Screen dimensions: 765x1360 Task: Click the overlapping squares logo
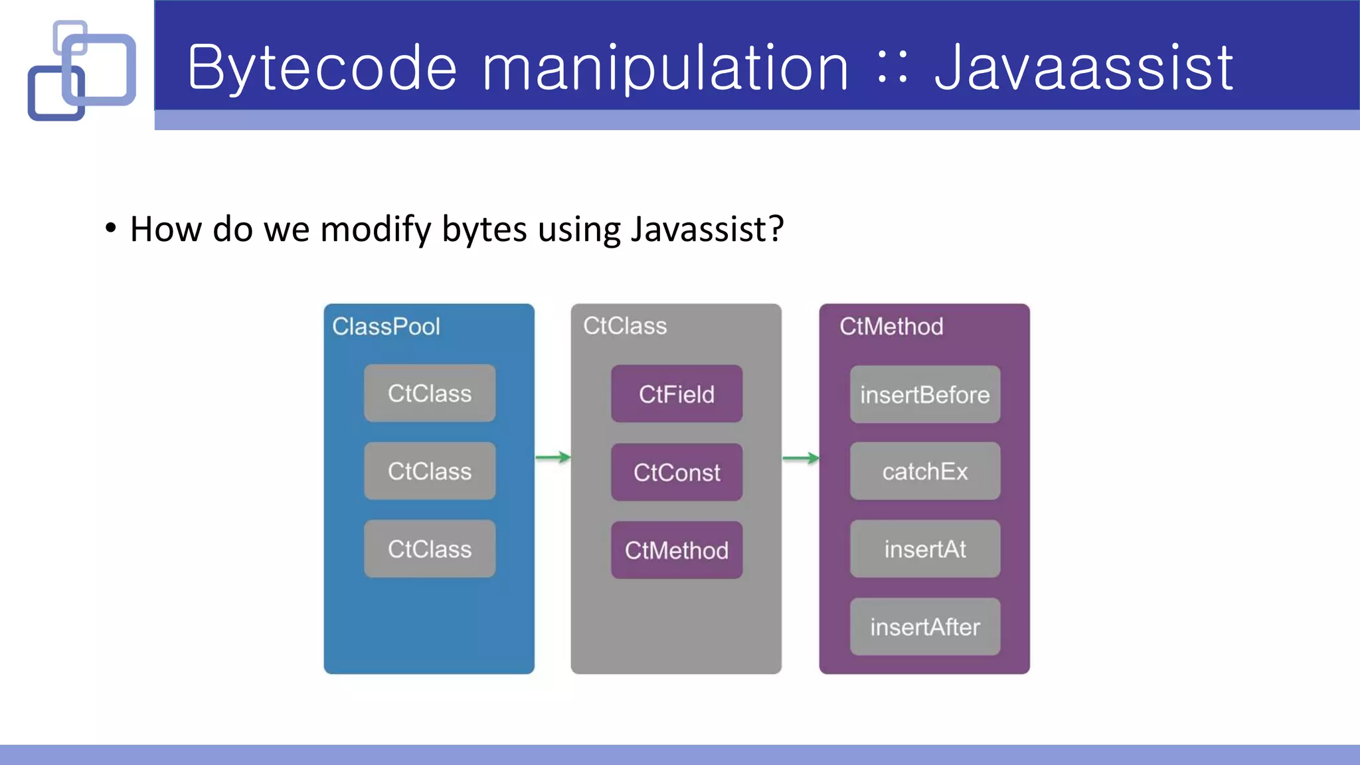click(82, 70)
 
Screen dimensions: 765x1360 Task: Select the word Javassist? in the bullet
click(707, 229)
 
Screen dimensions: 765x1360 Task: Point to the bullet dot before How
click(111, 228)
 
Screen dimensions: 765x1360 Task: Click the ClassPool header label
click(386, 326)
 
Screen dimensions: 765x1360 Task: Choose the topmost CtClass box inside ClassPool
click(430, 393)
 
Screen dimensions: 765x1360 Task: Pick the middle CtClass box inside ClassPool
click(430, 471)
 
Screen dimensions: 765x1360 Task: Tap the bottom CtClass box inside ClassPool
click(430, 549)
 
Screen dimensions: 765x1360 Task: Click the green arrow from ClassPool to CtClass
click(552, 457)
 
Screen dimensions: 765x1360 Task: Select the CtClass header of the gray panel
click(625, 325)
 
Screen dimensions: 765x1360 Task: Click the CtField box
click(677, 394)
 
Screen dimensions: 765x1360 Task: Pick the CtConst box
click(677, 472)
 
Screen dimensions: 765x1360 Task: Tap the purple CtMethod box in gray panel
click(677, 550)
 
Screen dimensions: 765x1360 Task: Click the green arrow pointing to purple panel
click(800, 458)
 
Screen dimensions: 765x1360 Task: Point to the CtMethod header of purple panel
click(891, 326)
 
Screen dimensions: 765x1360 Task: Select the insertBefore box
click(925, 394)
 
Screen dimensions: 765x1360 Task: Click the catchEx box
click(925, 471)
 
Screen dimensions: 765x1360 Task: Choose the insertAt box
click(925, 549)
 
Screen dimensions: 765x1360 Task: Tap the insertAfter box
click(925, 627)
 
